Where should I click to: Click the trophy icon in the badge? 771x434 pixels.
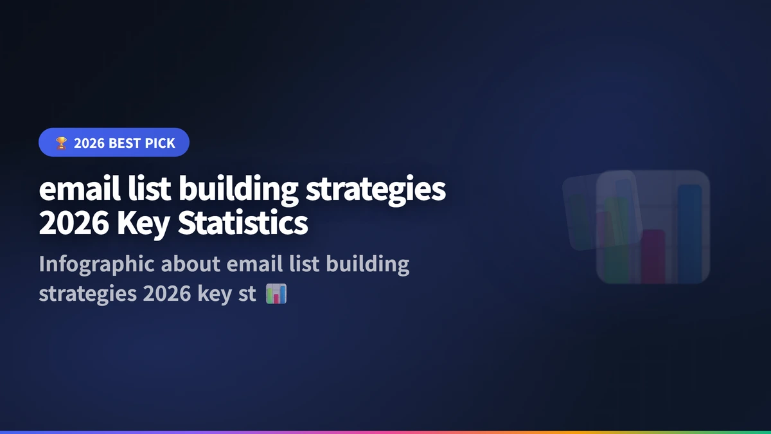click(x=61, y=143)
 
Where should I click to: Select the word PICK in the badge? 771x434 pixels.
click(x=159, y=143)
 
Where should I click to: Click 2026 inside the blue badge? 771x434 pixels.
click(x=89, y=143)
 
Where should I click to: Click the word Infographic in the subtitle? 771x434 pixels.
click(x=96, y=264)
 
